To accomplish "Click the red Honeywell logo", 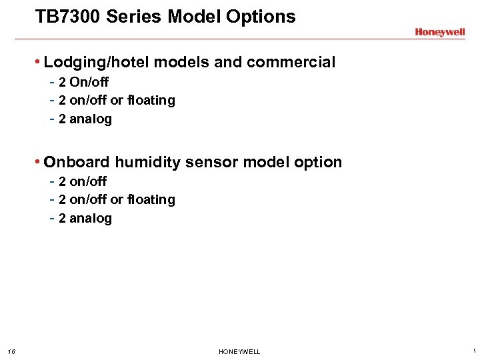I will click(x=439, y=32).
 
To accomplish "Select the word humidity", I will click(x=147, y=162).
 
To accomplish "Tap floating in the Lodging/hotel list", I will click(x=151, y=100).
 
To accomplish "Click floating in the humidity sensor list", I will click(x=151, y=199).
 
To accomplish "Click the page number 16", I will click(x=11, y=351).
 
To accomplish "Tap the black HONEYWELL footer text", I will click(x=239, y=351).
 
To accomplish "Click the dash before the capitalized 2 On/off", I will click(x=52, y=82).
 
